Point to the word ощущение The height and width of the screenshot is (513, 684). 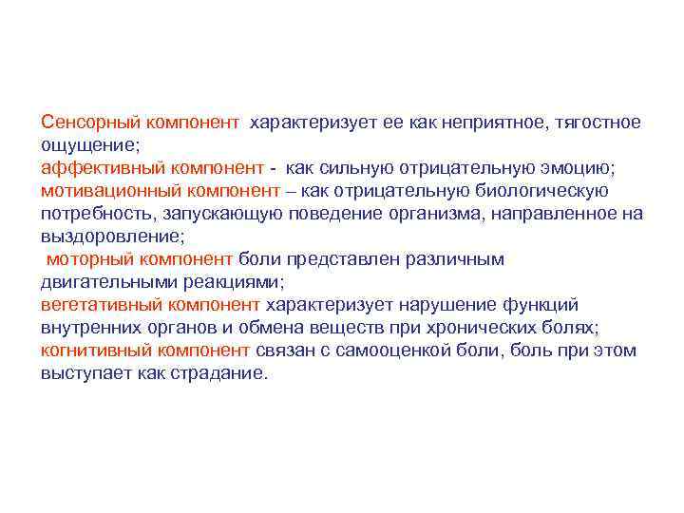pyautogui.click(x=89, y=145)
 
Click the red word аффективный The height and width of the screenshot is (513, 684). pyautogui.click(x=98, y=168)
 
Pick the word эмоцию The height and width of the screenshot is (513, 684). pyautogui.click(x=580, y=168)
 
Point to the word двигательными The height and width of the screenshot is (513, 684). pyautogui.click(x=101, y=282)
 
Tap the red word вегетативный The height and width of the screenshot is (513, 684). pyautogui.click(x=100, y=305)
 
